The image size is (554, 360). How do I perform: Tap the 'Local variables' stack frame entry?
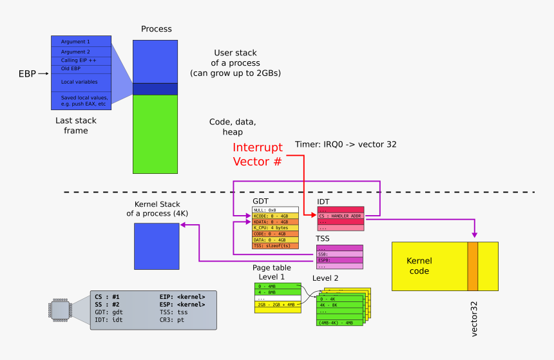point(81,82)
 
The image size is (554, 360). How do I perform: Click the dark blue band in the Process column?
point(155,89)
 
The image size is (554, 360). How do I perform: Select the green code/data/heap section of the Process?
point(155,134)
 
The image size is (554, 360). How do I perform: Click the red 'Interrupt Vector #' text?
point(258,155)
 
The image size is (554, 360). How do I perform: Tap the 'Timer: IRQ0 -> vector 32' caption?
point(345,144)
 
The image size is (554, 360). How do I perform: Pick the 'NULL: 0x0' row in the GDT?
point(275,210)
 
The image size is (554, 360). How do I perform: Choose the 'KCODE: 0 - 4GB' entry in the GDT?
point(275,216)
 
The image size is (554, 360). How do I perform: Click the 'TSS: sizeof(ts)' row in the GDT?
point(275,245)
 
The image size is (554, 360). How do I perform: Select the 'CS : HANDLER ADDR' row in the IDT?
point(341,216)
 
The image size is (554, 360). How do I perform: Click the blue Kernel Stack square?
point(156,245)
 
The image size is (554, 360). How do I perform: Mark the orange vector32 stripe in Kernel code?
point(473,266)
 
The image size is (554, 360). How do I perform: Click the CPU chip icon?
point(61,310)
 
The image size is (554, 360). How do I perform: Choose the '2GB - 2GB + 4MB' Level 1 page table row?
point(277,305)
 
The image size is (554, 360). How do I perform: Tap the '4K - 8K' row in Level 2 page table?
point(339,305)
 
